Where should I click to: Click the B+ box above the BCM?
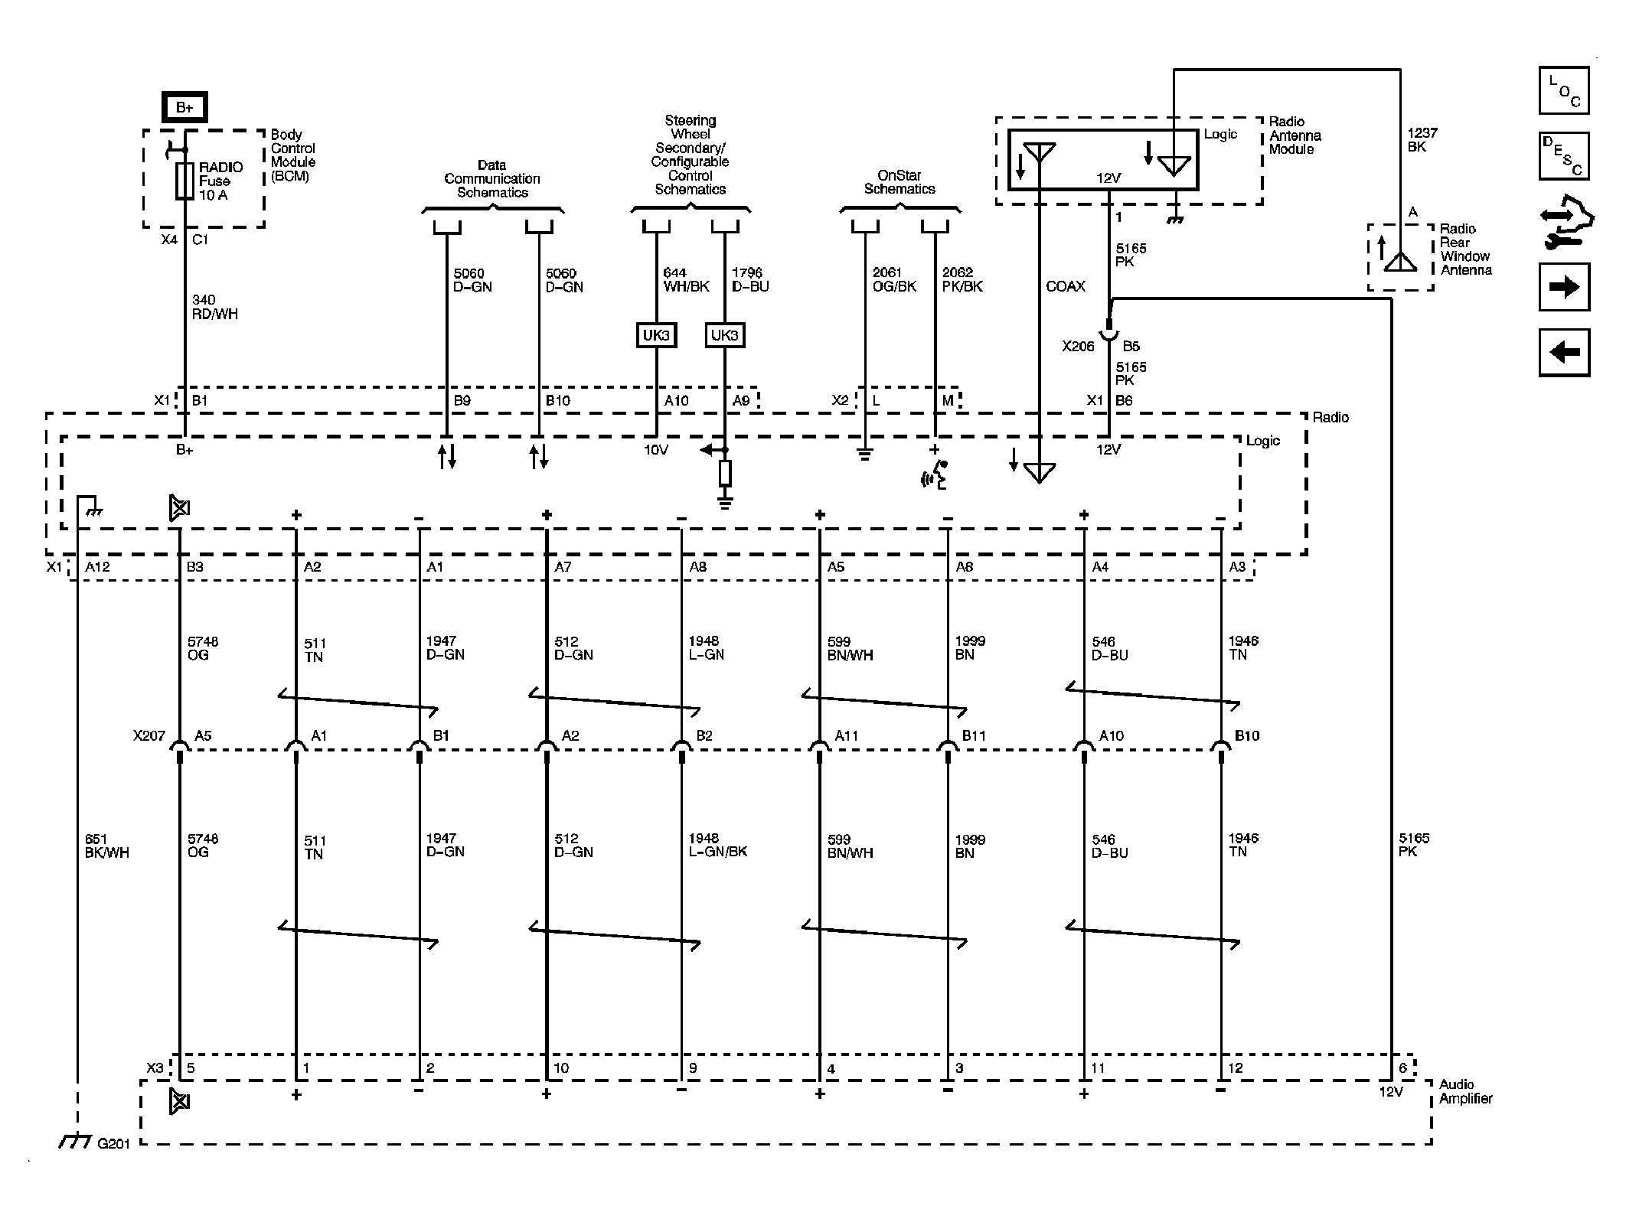184,107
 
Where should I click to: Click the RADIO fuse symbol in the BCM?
184,181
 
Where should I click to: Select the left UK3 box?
656,335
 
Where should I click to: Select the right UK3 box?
724,335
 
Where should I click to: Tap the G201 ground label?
113,1143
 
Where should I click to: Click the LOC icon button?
1564,90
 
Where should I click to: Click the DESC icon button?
1564,156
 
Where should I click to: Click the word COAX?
1066,287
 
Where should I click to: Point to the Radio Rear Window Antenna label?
1465,249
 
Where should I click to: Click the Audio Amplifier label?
1465,1091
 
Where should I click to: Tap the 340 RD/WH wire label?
214,307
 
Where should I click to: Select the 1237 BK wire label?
1422,140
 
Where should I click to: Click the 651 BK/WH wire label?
107,846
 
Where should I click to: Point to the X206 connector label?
1078,347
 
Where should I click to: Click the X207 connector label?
149,736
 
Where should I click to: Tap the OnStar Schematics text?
900,182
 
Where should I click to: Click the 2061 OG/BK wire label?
895,280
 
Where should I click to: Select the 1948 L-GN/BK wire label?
717,845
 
